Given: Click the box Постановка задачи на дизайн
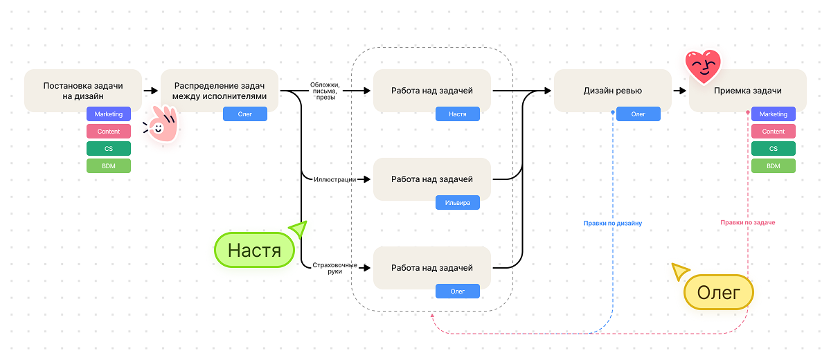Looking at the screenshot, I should pyautogui.click(x=83, y=91).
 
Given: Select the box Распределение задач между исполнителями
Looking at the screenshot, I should pyautogui.click(x=220, y=91).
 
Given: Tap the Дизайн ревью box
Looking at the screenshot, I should pyautogui.click(x=612, y=91).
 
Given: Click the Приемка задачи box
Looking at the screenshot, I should pyautogui.click(x=747, y=91).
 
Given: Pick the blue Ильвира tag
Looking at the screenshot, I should pyautogui.click(x=457, y=203).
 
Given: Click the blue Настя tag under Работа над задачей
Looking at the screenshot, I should pyautogui.click(x=457, y=114).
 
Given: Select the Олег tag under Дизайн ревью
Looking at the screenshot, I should pyautogui.click(x=638, y=114).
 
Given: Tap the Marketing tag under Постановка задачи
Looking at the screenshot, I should pyautogui.click(x=109, y=114).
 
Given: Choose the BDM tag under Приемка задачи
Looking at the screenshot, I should pyautogui.click(x=773, y=166).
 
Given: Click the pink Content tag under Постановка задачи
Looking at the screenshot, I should pyautogui.click(x=109, y=132).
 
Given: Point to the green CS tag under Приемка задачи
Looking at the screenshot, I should pyautogui.click(x=773, y=149).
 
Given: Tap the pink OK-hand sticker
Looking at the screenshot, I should pyautogui.click(x=161, y=125).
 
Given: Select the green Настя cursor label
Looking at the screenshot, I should pyautogui.click(x=254, y=250).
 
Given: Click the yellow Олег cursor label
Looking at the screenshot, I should pyautogui.click(x=718, y=292).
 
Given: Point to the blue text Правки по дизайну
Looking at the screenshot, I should pyautogui.click(x=613, y=224).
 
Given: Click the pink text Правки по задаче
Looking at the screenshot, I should pyautogui.click(x=747, y=223).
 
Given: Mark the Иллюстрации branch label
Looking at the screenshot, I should pyautogui.click(x=334, y=179).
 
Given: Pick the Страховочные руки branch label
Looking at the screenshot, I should pyautogui.click(x=334, y=268).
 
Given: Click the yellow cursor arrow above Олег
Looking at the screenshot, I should pyautogui.click(x=680, y=271).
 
